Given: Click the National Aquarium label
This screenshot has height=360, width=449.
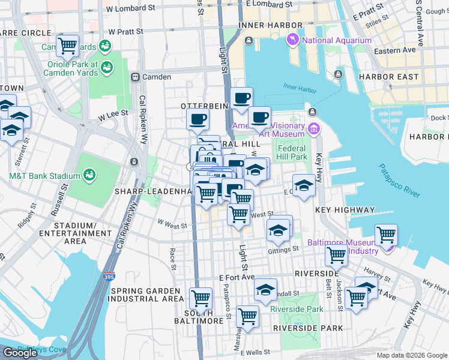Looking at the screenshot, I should point(336,41).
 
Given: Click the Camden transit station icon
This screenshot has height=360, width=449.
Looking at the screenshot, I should point(136,77).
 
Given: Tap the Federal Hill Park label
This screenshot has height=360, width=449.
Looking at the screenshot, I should point(292,153).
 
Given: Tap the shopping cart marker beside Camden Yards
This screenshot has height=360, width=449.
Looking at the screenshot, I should point(67,45).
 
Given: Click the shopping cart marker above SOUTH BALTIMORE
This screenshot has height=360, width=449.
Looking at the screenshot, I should point(200,298).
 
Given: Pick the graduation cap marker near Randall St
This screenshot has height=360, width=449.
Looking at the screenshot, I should point(265,290).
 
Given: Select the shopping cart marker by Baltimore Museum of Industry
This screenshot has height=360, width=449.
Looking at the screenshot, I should point(385,234).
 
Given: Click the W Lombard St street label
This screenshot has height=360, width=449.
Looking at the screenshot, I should point(130,9).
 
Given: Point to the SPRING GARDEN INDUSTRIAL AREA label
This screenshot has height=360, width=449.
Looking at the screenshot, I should point(147,295).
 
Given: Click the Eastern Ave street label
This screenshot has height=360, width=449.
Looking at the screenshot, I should point(394,51).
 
